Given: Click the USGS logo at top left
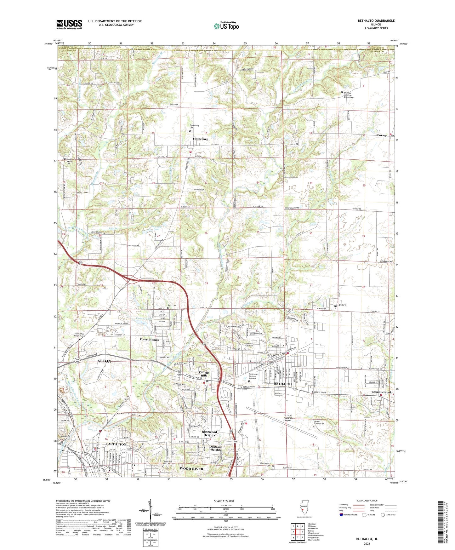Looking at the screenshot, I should tap(69, 24).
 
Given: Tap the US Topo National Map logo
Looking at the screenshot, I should tap(226, 26).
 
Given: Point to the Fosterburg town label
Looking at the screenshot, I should tap(200, 139).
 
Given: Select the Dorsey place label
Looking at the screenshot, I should tap(382, 135).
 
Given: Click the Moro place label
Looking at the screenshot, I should tap(343, 305).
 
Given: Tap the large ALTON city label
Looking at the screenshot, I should tap(104, 361).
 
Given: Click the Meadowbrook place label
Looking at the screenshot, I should tap(382, 392).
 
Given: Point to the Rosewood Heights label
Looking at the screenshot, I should tap(209, 433).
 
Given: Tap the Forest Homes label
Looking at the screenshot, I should tap(149, 340).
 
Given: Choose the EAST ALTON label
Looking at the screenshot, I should tap(116, 444).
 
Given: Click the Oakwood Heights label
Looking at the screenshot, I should tap(216, 448).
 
